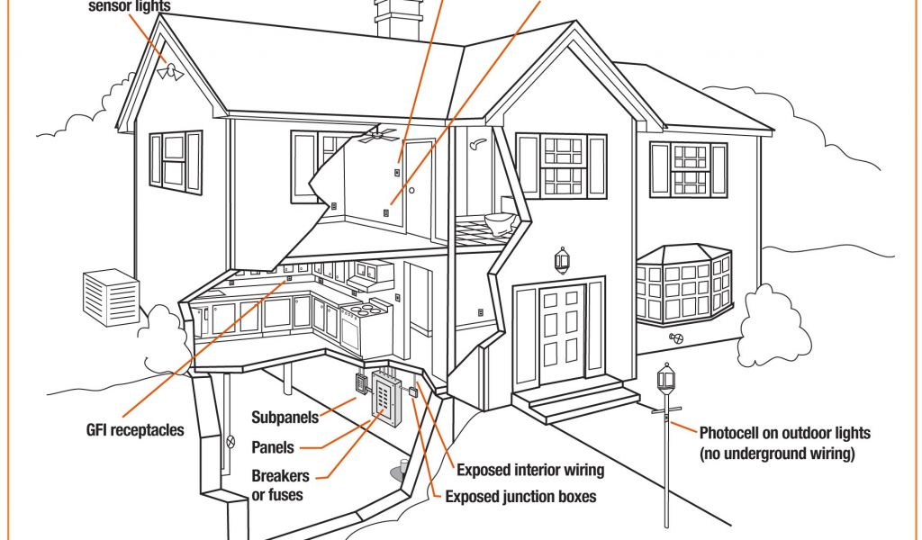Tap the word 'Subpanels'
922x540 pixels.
click(284, 418)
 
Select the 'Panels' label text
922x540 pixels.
click(273, 447)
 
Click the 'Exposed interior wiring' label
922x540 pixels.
click(530, 470)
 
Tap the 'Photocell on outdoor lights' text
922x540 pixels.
click(784, 433)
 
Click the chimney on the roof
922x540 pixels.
click(397, 18)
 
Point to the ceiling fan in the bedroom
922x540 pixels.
click(376, 136)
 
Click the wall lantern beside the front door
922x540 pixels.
click(562, 260)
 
